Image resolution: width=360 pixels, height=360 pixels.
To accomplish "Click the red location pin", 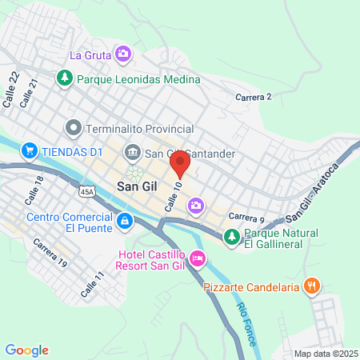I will pos(180,164).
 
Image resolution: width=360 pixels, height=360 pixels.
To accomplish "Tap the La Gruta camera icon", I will pos(123,54).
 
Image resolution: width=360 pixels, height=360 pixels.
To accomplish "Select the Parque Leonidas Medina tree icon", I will pos(65,79).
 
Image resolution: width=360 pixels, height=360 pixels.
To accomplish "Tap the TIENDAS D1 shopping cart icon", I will pos(30,150).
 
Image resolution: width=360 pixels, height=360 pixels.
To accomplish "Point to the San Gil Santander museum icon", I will pos(133,153).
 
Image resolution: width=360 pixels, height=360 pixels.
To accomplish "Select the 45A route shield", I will pos(87,192).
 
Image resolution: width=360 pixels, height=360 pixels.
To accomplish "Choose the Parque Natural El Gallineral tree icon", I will pos(231,236).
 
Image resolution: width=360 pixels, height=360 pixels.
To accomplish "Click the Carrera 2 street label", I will pos(254,97).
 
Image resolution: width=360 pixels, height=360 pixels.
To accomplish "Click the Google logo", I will pos(27,350).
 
